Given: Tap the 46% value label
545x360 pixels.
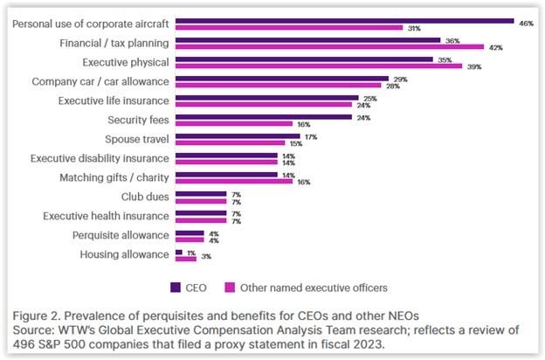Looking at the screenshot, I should tap(526, 23).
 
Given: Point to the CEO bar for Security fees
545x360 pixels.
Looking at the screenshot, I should tap(263, 116).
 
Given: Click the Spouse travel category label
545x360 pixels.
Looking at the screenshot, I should tap(135, 138).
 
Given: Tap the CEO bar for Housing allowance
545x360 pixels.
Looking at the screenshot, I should tap(178, 252).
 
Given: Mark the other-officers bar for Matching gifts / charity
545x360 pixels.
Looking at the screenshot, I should tap(234, 182).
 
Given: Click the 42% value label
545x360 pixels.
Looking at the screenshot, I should tap(496, 47).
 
